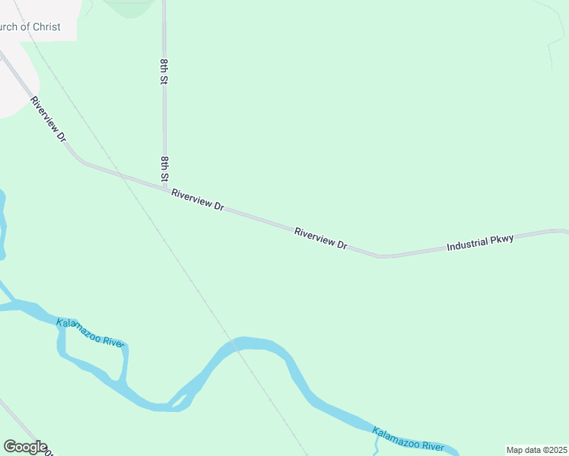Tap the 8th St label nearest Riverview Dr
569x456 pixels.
point(164,169)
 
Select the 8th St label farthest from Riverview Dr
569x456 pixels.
point(164,70)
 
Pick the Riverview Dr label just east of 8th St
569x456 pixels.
point(197,200)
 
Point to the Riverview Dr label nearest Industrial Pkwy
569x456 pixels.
point(321,238)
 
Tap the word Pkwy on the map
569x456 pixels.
point(502,239)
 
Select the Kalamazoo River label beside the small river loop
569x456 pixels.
point(90,333)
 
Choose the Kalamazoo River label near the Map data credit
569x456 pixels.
point(408,439)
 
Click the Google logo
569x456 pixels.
point(25,447)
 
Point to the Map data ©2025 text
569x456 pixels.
point(536,450)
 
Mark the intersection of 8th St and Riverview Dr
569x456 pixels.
point(165,187)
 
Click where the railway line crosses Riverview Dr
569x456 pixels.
point(120,174)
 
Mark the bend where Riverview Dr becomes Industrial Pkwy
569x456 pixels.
point(380,256)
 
